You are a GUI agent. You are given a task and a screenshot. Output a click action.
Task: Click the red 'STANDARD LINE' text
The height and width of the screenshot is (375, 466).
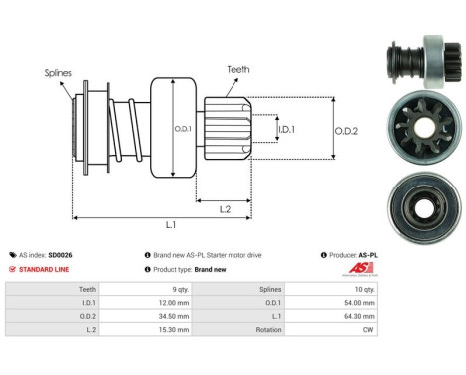(49, 269)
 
